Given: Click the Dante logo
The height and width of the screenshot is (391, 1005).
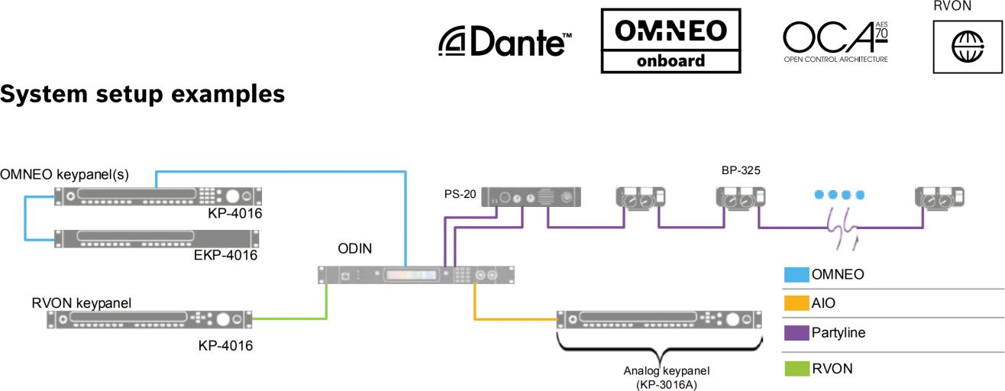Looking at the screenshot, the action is [x=505, y=41].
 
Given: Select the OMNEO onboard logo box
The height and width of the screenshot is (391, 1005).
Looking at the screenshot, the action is [x=671, y=40].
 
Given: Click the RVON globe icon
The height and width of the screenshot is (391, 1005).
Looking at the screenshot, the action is [x=968, y=47].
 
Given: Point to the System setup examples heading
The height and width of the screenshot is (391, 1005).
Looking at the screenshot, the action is [x=142, y=94].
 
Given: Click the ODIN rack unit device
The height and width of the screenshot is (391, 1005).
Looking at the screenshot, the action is [x=416, y=275].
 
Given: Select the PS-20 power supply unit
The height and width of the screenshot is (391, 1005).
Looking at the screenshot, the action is [x=531, y=196].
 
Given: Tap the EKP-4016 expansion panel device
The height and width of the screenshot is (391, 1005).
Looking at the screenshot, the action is [x=157, y=238].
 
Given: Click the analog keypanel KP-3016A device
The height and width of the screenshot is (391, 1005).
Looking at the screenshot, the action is [x=659, y=320].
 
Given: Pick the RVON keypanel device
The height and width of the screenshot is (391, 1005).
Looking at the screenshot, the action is [x=150, y=319].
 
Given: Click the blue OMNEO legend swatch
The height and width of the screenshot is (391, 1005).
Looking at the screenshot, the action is [x=797, y=274].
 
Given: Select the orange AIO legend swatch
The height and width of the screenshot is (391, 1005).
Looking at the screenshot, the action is [x=797, y=303].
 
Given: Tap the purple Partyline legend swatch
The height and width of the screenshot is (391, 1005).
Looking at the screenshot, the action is [x=797, y=333].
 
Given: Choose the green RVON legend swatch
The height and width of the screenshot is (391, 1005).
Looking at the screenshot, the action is [x=797, y=369].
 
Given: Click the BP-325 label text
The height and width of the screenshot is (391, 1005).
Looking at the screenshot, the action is [x=741, y=170].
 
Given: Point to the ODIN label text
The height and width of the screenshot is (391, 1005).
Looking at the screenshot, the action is [x=354, y=249].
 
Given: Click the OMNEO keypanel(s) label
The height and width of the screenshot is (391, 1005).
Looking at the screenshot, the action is [x=64, y=174].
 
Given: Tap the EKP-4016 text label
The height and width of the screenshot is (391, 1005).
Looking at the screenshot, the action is [x=225, y=255].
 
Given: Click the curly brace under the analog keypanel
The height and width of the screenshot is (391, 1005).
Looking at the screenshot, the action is [x=660, y=351].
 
